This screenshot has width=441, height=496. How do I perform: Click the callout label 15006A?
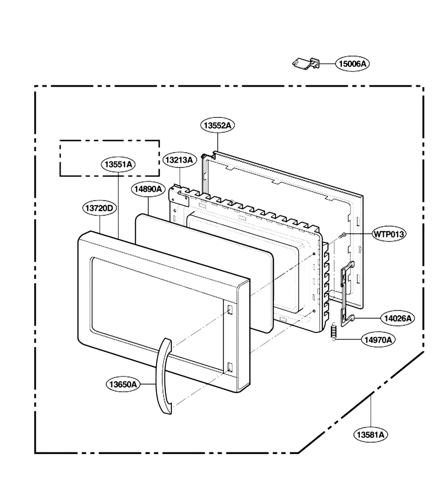point(352,63)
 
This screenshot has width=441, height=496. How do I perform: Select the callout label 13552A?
point(217,125)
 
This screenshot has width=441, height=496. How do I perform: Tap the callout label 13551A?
point(119,164)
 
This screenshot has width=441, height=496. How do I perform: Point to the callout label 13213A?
point(179,160)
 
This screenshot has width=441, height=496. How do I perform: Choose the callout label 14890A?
point(148,189)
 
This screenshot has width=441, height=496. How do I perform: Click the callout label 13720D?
point(100,208)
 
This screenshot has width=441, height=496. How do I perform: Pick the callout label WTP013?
point(389,234)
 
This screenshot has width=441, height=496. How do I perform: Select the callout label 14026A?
point(398,318)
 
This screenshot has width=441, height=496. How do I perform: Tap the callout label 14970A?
point(378,339)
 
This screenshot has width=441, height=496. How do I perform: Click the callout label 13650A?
point(123,384)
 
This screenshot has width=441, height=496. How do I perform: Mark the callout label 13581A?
point(370,435)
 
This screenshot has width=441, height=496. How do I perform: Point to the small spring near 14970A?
point(333,332)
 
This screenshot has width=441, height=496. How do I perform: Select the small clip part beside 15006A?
point(305,63)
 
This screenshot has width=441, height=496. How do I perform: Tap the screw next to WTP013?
point(342,235)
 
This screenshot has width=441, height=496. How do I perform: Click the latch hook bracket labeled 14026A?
point(347,293)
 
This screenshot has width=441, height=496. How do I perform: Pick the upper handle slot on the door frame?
point(230,310)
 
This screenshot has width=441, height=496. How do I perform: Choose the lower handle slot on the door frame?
point(230,367)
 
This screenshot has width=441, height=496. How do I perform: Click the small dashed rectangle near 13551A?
point(110,141)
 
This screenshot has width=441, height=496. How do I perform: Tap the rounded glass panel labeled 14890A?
point(204,273)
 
